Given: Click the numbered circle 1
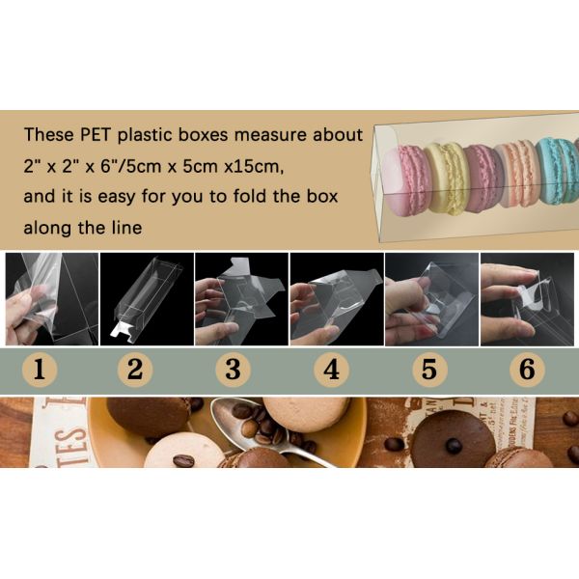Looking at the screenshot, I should [40, 370].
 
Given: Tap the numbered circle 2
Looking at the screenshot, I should [134, 370].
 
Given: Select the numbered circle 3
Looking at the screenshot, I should [233, 370].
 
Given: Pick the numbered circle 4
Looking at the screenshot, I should [331, 370].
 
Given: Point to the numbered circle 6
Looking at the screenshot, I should [525, 370].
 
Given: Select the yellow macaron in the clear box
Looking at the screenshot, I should [447, 177].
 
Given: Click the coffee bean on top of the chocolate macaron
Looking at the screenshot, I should [453, 445].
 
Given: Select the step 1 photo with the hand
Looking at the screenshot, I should [48, 299].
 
